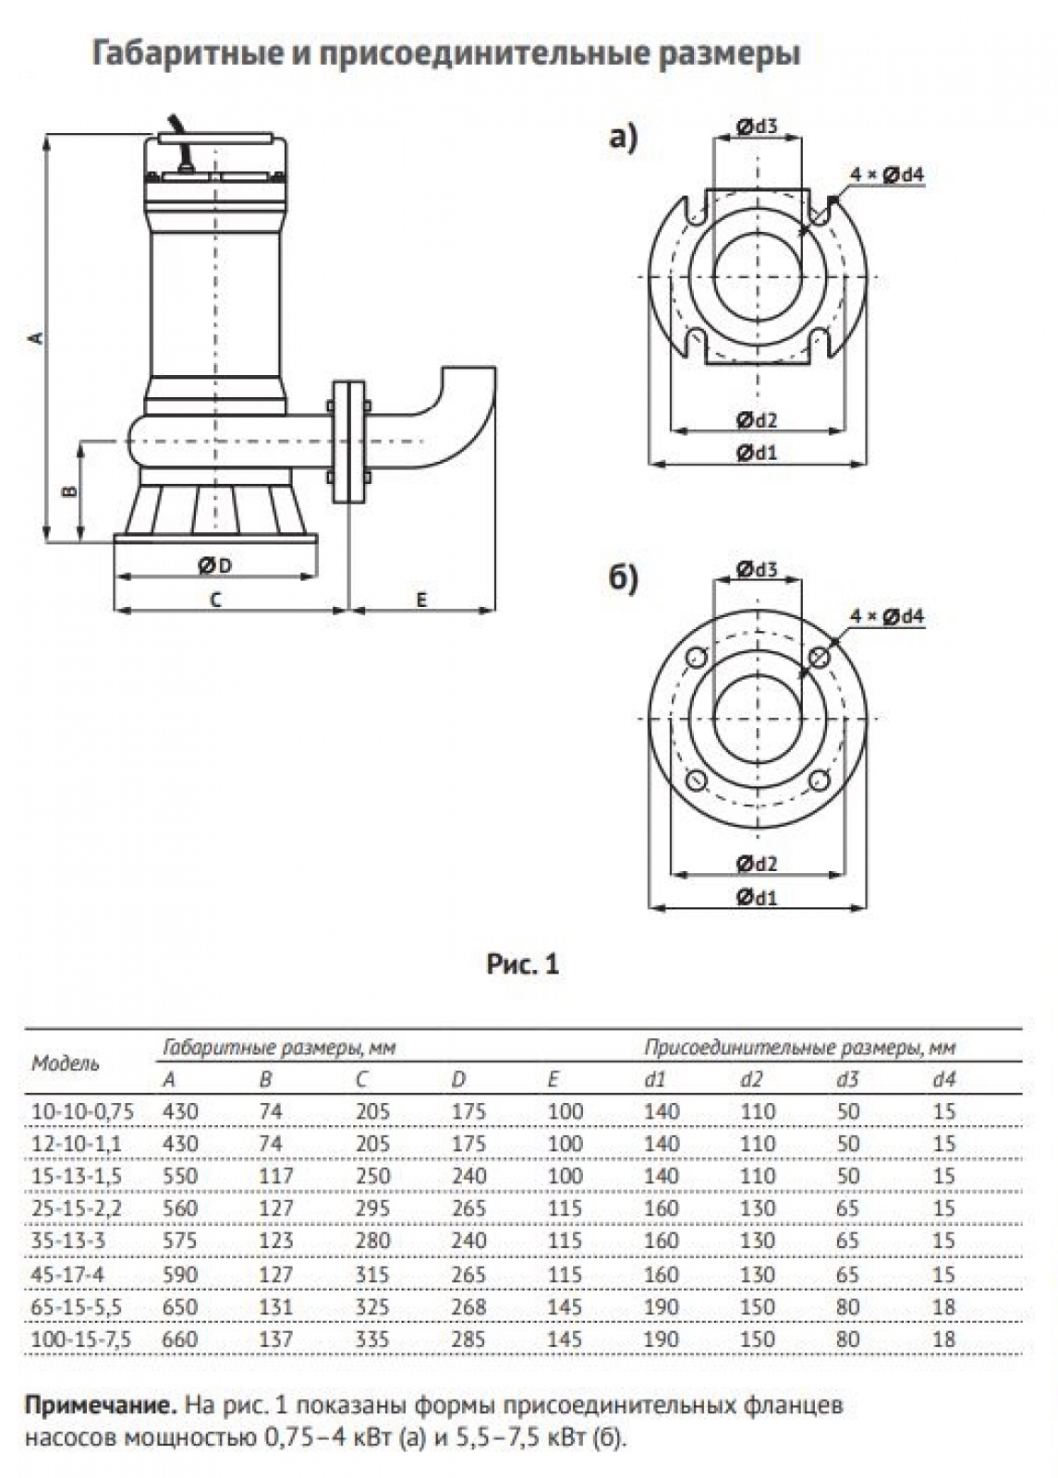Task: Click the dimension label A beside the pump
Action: tap(36, 338)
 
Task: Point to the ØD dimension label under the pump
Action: tap(214, 564)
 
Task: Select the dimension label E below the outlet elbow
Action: tap(421, 600)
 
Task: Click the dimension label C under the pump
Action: tap(215, 600)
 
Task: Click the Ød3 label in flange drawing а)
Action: tap(756, 127)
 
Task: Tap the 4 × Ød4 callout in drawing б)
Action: tap(886, 616)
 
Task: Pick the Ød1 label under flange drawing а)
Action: tap(757, 453)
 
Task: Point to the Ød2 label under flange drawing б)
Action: tap(757, 865)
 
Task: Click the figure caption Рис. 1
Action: tap(522, 965)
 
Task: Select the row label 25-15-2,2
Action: tap(77, 1208)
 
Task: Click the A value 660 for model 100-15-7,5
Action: tap(180, 1339)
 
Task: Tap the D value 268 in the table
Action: tap(468, 1306)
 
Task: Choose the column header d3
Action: tap(847, 1079)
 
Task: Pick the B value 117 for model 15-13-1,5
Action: tap(275, 1176)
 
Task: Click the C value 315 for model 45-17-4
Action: tap(372, 1274)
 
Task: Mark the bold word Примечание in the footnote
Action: tap(100, 1407)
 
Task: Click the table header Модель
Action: tap(66, 1063)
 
